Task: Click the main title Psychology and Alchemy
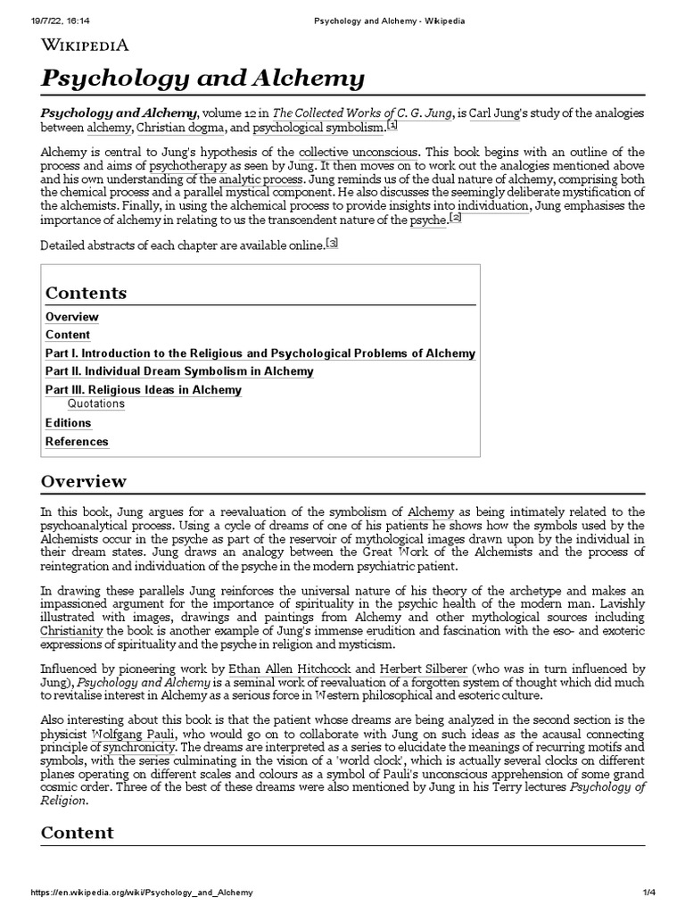click(x=202, y=79)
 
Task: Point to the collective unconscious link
click(x=351, y=151)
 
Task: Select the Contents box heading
click(x=86, y=293)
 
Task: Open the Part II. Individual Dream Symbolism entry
click(x=178, y=371)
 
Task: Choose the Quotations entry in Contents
click(x=96, y=404)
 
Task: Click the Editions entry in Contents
click(x=68, y=423)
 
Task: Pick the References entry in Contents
click(x=77, y=442)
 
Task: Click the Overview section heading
click(x=84, y=481)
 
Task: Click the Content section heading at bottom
click(x=78, y=833)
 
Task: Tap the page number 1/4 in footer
click(x=659, y=893)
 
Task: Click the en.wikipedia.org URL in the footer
click(x=141, y=893)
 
